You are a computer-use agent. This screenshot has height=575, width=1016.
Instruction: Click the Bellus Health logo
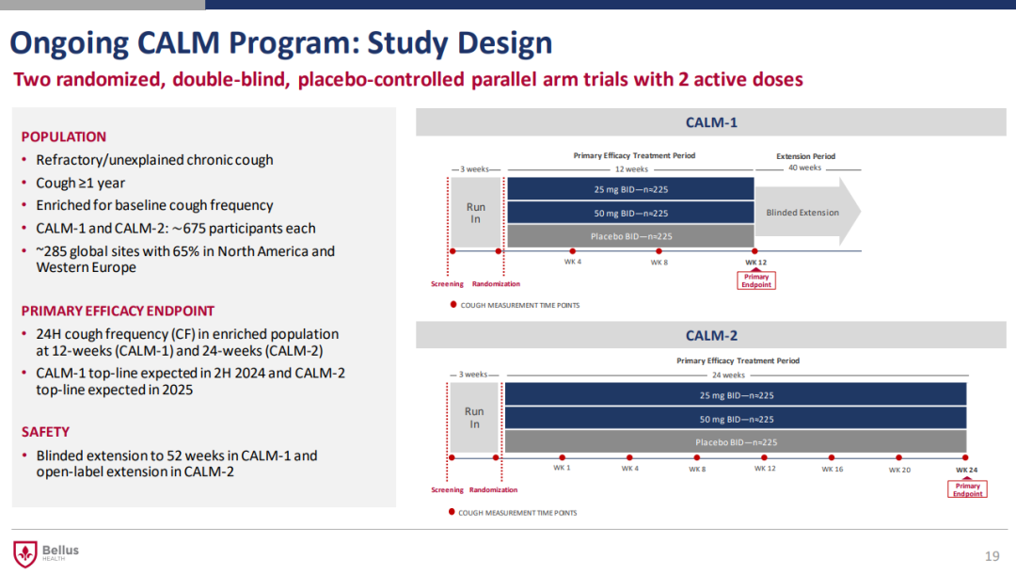tap(45, 553)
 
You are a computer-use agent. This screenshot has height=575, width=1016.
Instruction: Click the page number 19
tap(992, 556)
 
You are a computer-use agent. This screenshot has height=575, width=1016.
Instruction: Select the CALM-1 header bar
tap(711, 121)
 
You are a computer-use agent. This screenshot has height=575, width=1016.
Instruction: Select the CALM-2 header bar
tap(711, 335)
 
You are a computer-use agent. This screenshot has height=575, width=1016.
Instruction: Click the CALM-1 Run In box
tap(475, 212)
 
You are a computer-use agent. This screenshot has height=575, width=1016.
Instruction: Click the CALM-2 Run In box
tap(474, 418)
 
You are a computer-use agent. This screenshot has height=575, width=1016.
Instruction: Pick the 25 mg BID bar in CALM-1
tap(630, 189)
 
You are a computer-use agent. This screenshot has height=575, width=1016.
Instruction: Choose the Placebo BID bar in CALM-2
tap(736, 441)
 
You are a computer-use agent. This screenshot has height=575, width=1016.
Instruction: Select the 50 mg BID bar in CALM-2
tap(736, 419)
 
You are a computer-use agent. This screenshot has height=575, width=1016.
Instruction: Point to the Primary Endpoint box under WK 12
tap(756, 280)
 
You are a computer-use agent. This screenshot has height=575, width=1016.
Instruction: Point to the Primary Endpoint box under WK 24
tap(967, 489)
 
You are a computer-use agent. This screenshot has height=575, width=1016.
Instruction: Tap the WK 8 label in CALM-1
tap(659, 263)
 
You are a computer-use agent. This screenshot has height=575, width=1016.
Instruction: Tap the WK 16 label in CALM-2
tap(832, 469)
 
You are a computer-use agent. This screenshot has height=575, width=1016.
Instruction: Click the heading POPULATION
tap(64, 136)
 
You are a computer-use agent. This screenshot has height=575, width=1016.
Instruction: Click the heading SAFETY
tap(45, 432)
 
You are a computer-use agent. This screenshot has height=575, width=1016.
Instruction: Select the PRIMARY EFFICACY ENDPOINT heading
tap(118, 311)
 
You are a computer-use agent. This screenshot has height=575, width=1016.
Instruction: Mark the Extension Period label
tap(805, 156)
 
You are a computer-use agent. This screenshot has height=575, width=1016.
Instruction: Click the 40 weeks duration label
tap(804, 168)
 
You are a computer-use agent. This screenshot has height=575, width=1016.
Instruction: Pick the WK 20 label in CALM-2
tap(899, 469)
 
